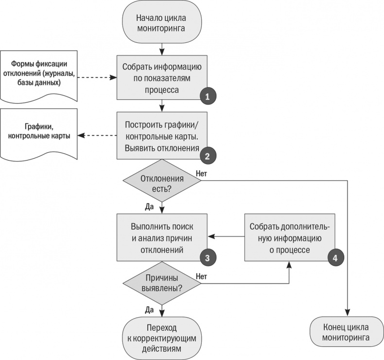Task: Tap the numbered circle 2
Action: coord(208,156)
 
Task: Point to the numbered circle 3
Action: coord(208,258)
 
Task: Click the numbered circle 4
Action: coord(335,258)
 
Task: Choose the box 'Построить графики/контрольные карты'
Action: coord(161,135)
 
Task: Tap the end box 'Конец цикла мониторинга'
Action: coord(347,331)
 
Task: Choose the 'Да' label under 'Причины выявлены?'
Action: coord(149,308)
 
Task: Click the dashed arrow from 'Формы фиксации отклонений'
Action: coord(97,77)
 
